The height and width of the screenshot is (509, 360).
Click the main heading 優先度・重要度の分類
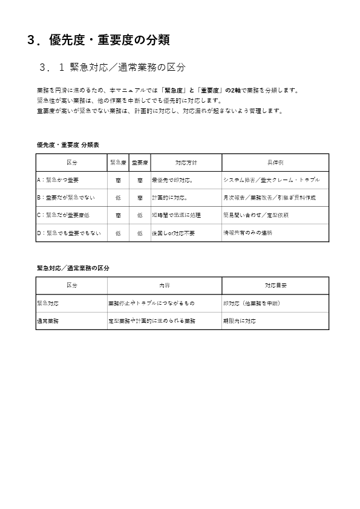99,41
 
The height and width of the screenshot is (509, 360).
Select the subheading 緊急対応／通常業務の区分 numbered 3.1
112,66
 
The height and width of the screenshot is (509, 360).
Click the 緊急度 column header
117,163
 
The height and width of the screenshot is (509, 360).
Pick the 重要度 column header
140,163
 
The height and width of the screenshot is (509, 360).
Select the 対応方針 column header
186,163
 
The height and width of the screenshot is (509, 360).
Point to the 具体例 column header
275,163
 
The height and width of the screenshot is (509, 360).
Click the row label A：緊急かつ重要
58,180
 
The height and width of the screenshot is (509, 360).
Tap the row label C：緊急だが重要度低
64,215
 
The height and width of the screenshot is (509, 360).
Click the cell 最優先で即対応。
173,180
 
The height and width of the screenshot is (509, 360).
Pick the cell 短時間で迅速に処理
175,215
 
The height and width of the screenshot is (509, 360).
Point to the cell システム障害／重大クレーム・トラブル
271,180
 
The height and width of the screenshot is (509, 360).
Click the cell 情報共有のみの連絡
247,233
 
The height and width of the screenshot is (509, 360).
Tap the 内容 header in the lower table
164,285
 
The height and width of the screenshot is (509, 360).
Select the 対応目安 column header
275,285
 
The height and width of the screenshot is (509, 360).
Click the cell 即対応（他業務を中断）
251,303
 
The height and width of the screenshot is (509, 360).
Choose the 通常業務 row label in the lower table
48,320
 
